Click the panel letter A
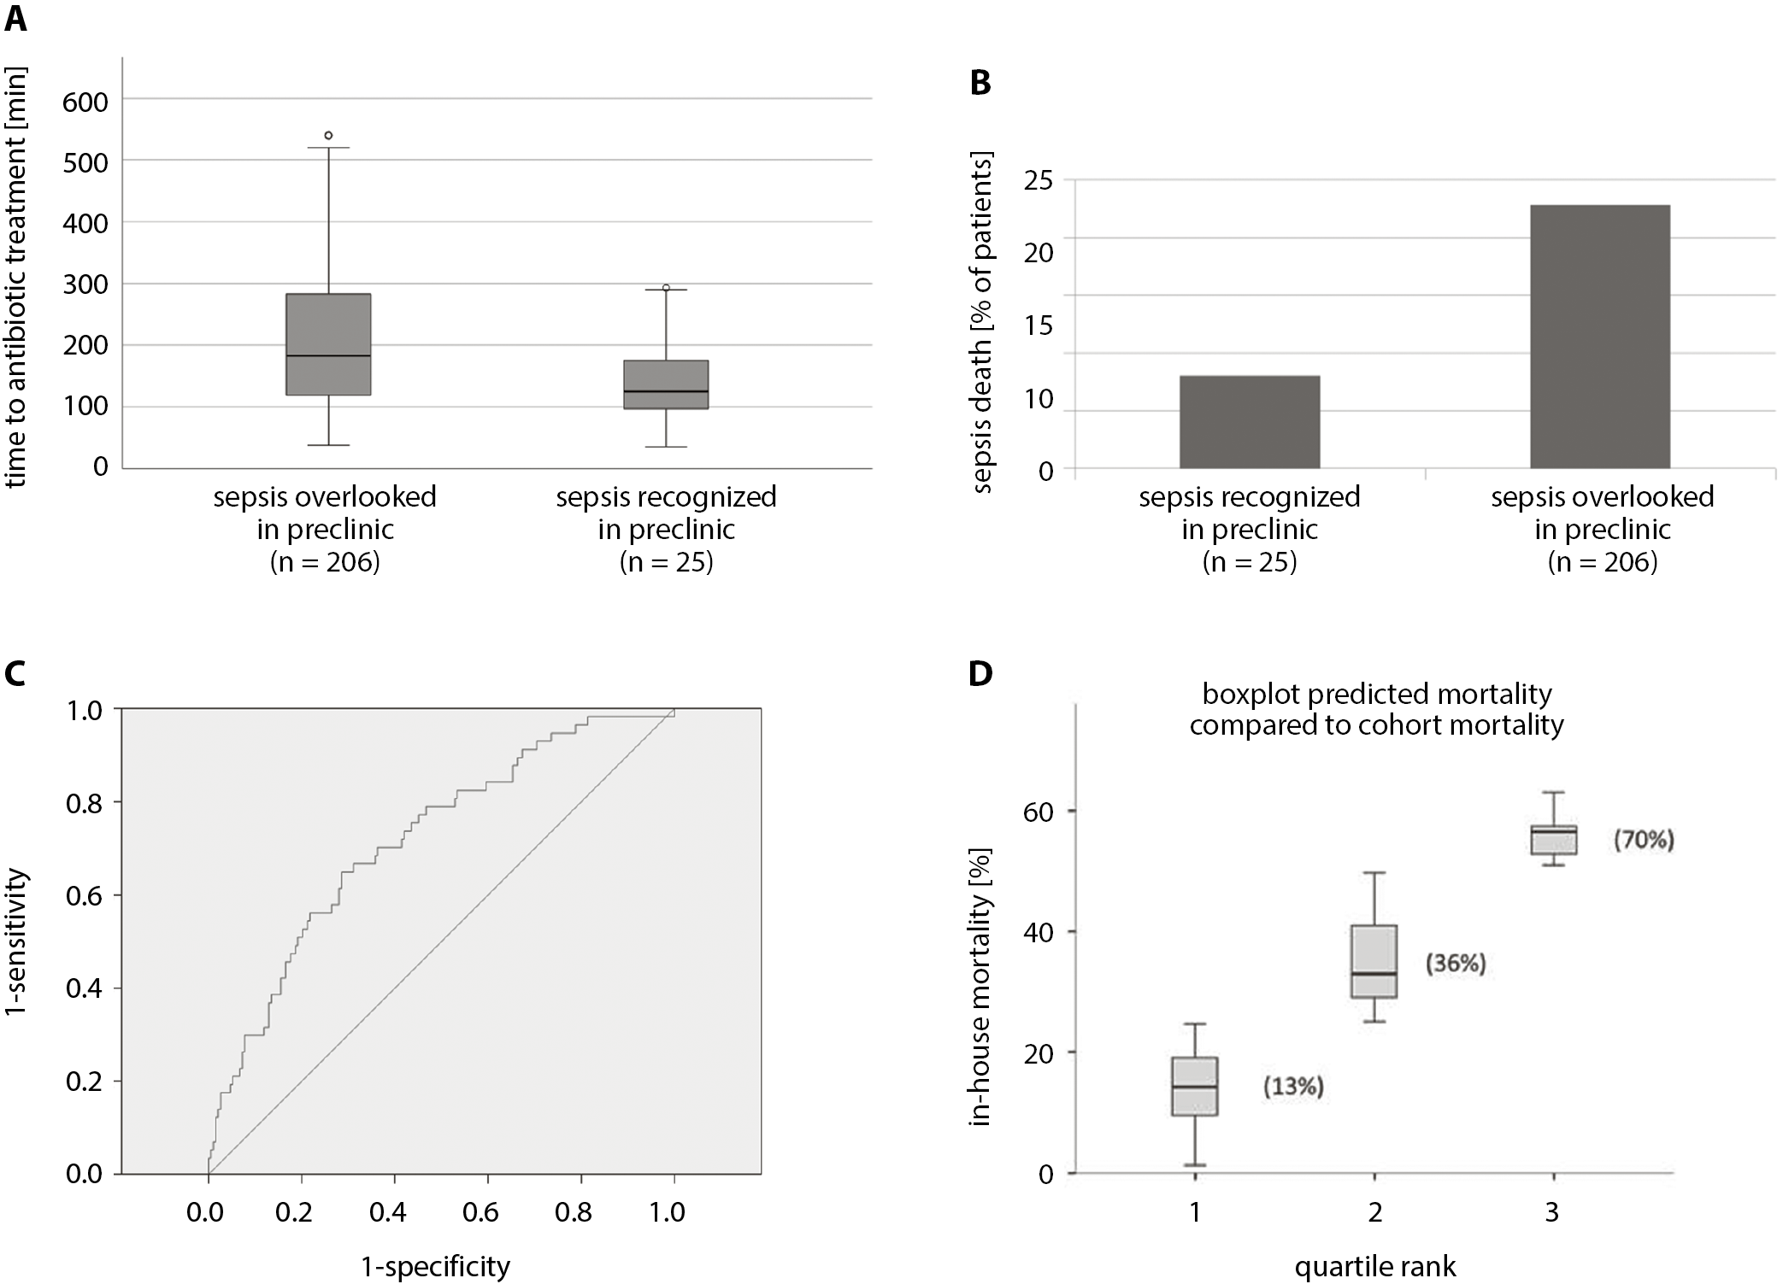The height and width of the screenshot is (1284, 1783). point(15,19)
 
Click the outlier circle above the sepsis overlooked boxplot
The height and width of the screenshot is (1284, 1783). point(328,135)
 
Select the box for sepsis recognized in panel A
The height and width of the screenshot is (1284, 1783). point(666,384)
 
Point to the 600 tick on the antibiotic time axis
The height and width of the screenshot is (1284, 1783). point(85,102)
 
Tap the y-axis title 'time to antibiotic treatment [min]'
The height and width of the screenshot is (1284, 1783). point(15,275)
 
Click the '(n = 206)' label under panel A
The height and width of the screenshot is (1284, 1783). point(325,562)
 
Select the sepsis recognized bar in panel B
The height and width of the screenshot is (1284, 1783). point(1250,422)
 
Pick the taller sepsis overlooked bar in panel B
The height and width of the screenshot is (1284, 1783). point(1600,337)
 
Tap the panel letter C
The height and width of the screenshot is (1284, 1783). point(15,674)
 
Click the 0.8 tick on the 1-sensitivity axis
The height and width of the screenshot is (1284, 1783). point(84,803)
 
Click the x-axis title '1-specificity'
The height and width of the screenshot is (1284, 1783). point(436,1265)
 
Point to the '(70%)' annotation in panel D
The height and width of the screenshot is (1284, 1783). point(1643,840)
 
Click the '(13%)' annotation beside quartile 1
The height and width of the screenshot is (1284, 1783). point(1293,1086)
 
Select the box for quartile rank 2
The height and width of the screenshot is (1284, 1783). point(1374,961)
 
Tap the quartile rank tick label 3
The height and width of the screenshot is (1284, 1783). point(1552,1212)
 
